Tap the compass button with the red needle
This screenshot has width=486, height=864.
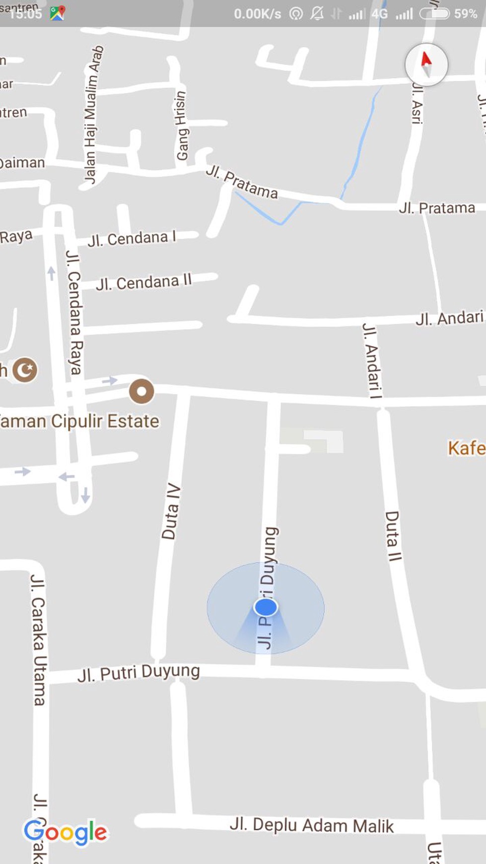click(426, 65)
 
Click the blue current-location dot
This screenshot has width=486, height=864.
click(266, 607)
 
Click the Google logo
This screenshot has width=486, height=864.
click(65, 832)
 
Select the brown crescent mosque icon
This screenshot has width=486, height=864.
click(25, 370)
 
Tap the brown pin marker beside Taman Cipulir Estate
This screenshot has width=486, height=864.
click(141, 391)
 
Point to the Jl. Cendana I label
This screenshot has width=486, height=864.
click(132, 239)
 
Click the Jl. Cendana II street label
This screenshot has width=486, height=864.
click(143, 283)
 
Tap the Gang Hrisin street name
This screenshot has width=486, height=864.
click(182, 126)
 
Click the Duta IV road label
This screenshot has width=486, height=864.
click(170, 511)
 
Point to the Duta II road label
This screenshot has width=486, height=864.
click(393, 536)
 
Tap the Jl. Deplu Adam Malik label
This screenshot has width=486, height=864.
click(311, 825)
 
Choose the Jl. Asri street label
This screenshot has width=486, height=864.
click(417, 103)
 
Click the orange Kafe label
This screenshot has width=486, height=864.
click(466, 448)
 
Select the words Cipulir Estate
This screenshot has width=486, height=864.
click(105, 421)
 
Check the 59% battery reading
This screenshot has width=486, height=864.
click(465, 13)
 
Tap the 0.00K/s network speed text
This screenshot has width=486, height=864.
click(257, 14)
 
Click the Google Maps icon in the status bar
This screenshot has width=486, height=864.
click(57, 13)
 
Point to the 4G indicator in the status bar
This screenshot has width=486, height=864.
click(380, 14)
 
